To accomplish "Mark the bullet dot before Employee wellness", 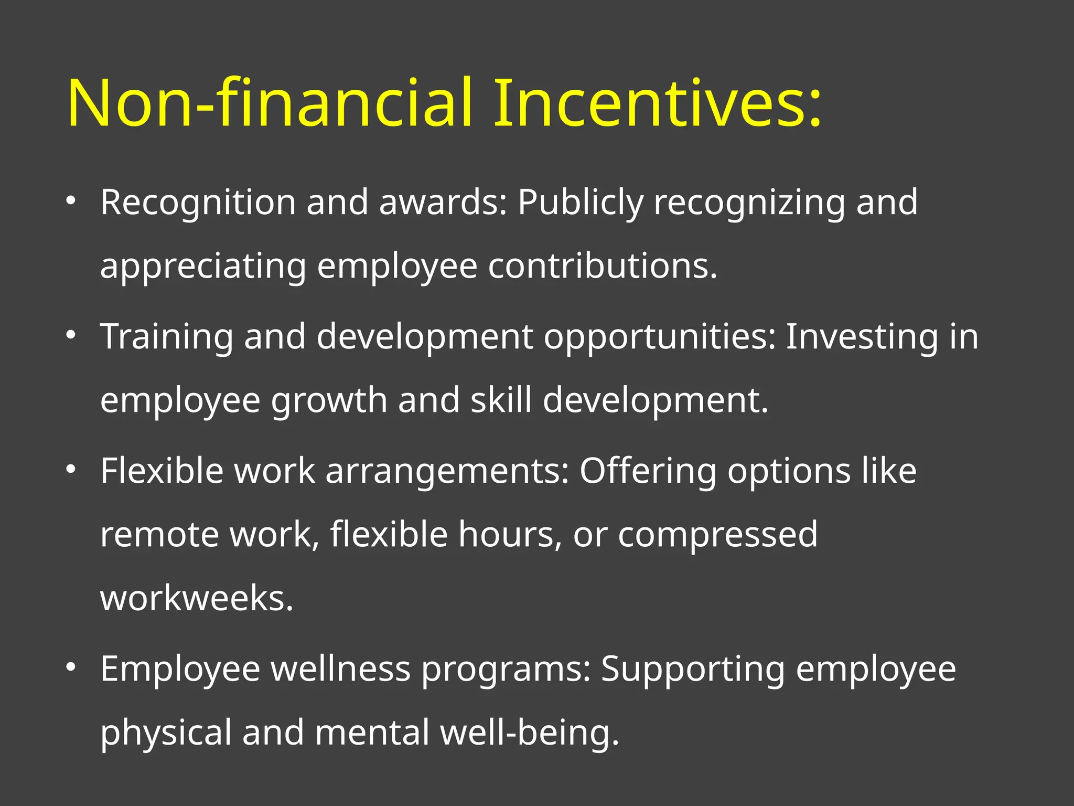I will click(x=71, y=667).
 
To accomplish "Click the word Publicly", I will click(x=580, y=203).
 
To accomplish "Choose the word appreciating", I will click(x=203, y=267).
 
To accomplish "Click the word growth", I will click(x=329, y=401).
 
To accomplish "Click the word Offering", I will click(x=648, y=471).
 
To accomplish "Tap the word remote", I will click(x=159, y=534).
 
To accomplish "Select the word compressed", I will click(x=717, y=535).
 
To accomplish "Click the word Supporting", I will click(x=693, y=670).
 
